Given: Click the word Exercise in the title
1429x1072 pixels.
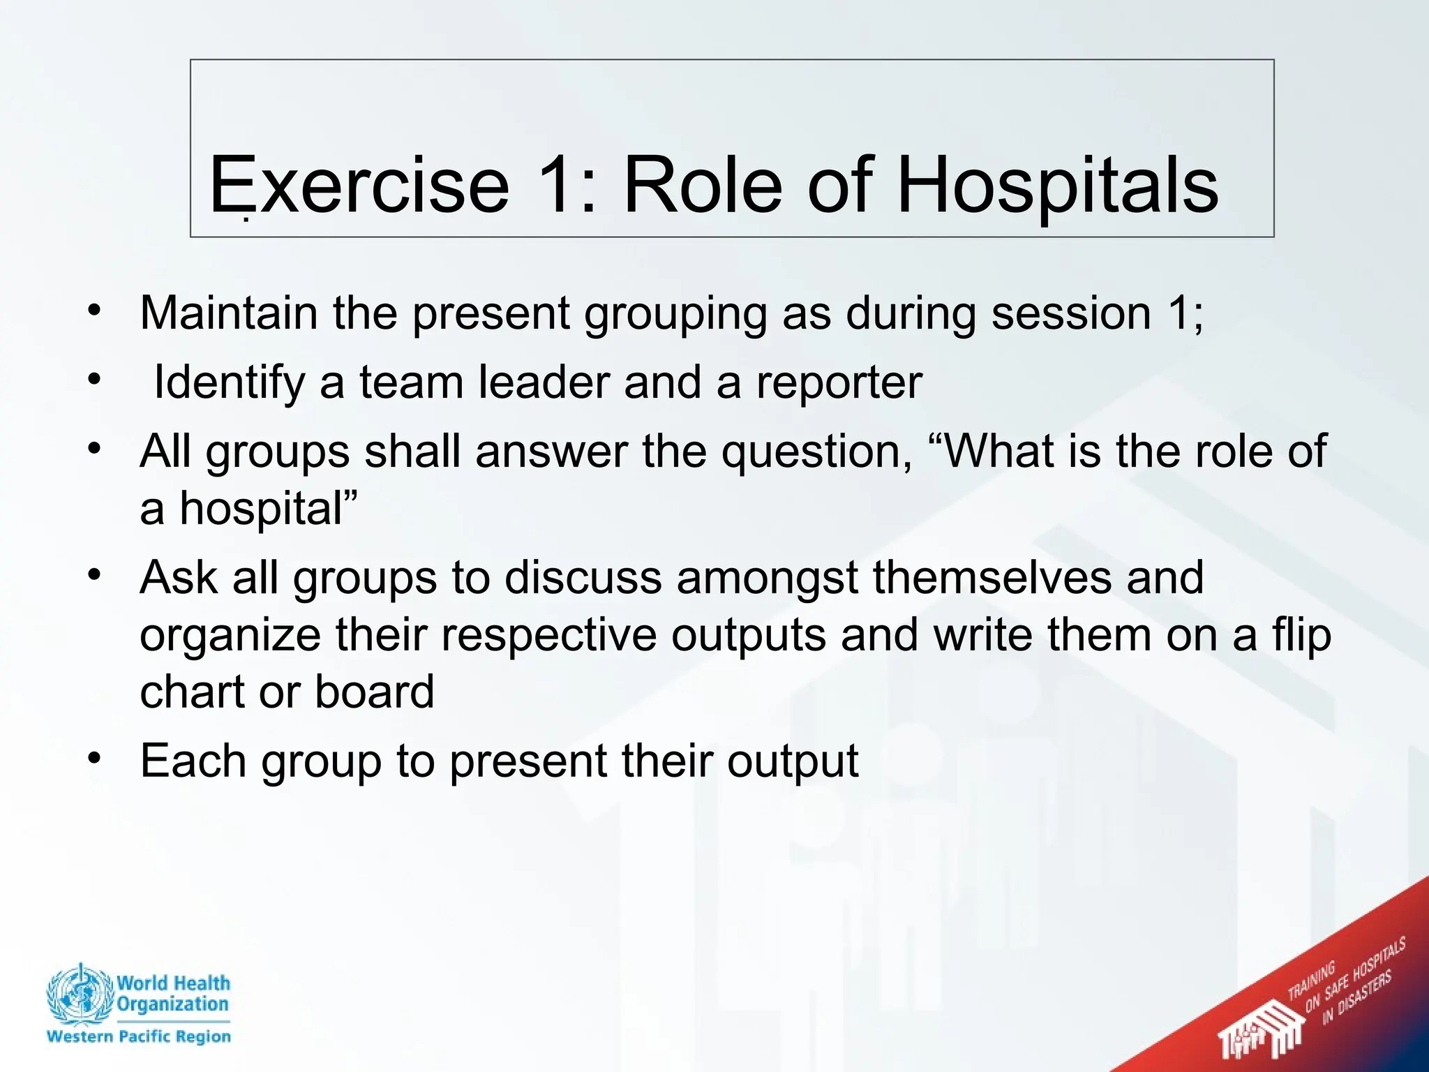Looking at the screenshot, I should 359,186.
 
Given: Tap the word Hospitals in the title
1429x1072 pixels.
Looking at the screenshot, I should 1057,186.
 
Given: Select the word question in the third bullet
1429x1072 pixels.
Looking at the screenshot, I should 815,452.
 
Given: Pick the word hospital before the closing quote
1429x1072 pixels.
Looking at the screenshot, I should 262,508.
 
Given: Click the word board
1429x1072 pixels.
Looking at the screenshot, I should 374,692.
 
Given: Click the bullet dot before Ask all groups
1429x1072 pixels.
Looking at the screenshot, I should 96,576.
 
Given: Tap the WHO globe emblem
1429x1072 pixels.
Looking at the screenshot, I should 79,995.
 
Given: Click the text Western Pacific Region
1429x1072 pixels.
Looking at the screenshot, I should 138,1036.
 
